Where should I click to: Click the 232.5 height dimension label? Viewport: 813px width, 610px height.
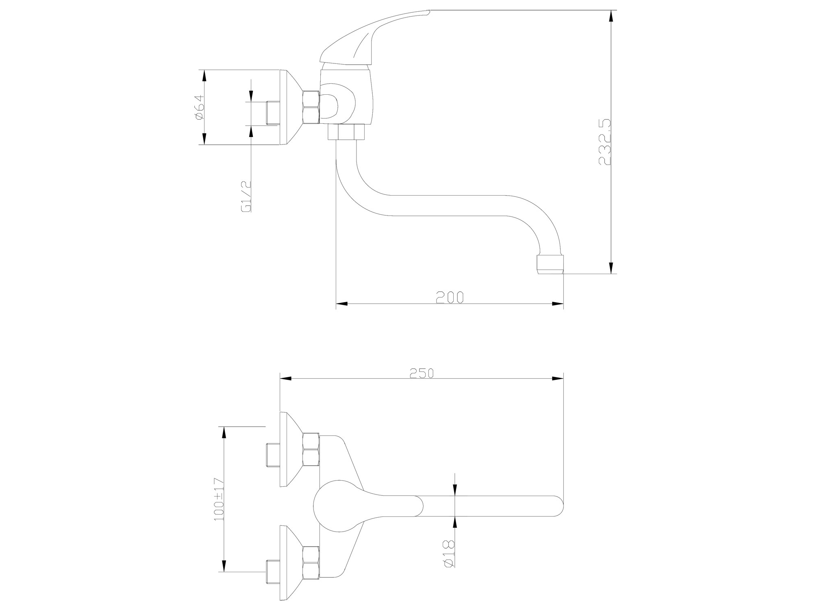[x=605, y=142]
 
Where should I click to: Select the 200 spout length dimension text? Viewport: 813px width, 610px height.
[x=450, y=297]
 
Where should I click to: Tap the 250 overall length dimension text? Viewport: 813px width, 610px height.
[x=422, y=373]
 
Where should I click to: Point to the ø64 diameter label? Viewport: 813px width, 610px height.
[x=199, y=107]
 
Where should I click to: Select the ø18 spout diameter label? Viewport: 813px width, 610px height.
[x=448, y=554]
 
